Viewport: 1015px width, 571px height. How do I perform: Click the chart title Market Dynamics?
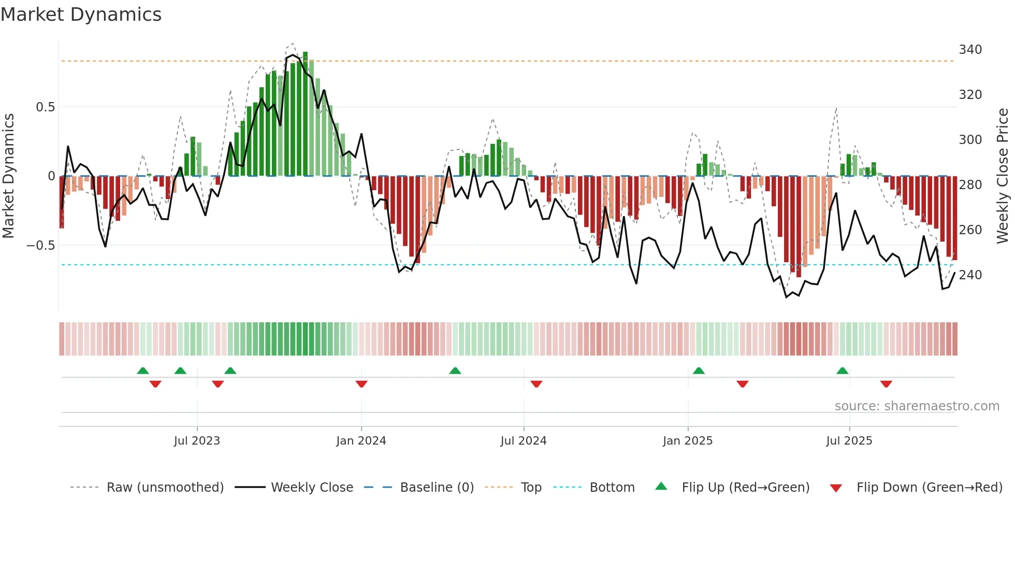point(81,15)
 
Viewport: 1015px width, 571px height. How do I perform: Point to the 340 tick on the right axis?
point(970,50)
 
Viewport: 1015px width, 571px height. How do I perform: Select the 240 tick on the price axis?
point(970,275)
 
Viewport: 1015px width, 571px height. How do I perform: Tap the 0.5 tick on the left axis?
point(45,107)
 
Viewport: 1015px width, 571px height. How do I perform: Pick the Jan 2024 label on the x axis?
point(361,441)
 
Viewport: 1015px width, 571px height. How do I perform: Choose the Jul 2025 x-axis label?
point(849,441)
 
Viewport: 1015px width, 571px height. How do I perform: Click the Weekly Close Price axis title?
point(1003,176)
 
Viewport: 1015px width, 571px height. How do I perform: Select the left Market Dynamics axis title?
point(8,176)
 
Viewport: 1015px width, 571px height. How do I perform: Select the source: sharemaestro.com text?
point(917,406)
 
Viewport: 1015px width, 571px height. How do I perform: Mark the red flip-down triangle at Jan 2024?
point(361,384)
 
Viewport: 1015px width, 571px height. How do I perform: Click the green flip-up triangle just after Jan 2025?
point(699,370)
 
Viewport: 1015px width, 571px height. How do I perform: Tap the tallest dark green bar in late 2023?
point(305,114)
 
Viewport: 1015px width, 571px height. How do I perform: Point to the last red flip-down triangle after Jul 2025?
point(886,384)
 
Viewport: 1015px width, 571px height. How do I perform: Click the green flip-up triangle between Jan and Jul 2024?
point(455,370)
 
